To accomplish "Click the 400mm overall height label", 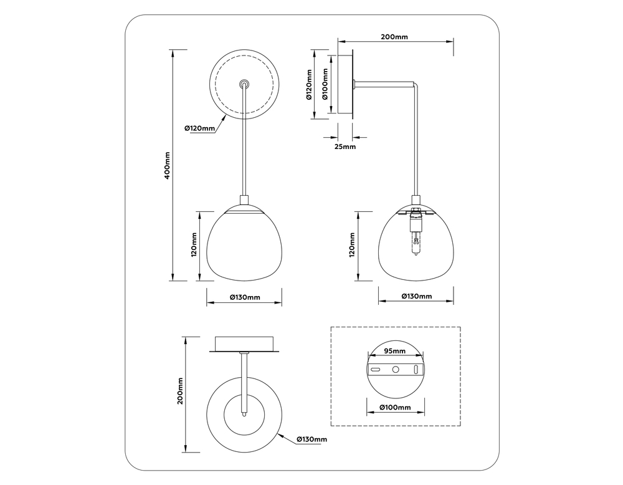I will [x=166, y=166].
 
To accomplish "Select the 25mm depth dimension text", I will [x=345, y=146].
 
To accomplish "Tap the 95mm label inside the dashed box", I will [x=394, y=351].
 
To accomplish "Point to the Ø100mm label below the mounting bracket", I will [x=395, y=408].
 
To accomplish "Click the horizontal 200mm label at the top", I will [x=394, y=37].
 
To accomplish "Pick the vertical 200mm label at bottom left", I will [x=179, y=391].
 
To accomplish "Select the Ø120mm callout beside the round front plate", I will [x=199, y=128].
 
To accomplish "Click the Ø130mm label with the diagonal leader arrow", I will [x=311, y=439].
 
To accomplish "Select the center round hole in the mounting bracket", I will [x=395, y=369].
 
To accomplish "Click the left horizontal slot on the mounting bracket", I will [x=376, y=369].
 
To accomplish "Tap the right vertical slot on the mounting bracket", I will [x=415, y=369].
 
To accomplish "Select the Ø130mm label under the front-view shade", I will [x=244, y=297].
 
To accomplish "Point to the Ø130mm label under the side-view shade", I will [x=416, y=296].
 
